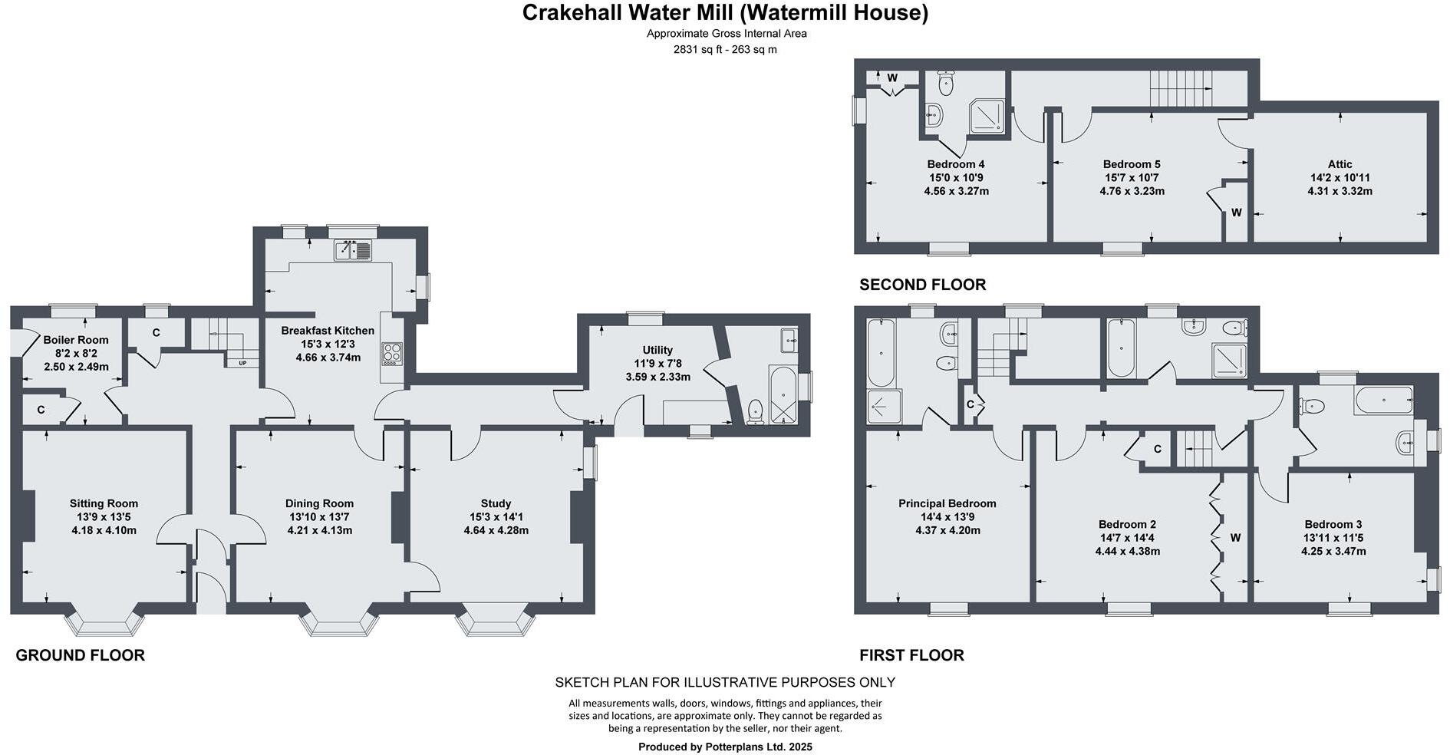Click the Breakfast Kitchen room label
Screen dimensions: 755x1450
[x=328, y=331]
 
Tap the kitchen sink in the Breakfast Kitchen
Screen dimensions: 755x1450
[x=353, y=250]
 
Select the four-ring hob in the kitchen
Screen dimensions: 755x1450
[x=391, y=353]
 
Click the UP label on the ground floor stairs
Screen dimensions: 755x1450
[x=242, y=363]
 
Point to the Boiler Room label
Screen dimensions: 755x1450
[x=75, y=340]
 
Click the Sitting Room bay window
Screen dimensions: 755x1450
[x=105, y=623]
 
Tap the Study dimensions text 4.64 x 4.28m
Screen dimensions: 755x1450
[x=496, y=530]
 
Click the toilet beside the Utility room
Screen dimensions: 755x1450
[x=755, y=411]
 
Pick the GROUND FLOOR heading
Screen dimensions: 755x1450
[x=80, y=655]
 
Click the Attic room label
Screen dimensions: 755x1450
[x=1340, y=164]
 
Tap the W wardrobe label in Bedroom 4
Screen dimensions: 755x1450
[x=892, y=78]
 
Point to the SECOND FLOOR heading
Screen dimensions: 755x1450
[x=922, y=285]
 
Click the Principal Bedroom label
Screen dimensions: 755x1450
[x=947, y=504]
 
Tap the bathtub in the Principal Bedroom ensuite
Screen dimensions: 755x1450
[x=880, y=354]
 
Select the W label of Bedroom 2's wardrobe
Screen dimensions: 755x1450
[x=1235, y=538]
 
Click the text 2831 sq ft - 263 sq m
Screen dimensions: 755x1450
[x=725, y=49]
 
